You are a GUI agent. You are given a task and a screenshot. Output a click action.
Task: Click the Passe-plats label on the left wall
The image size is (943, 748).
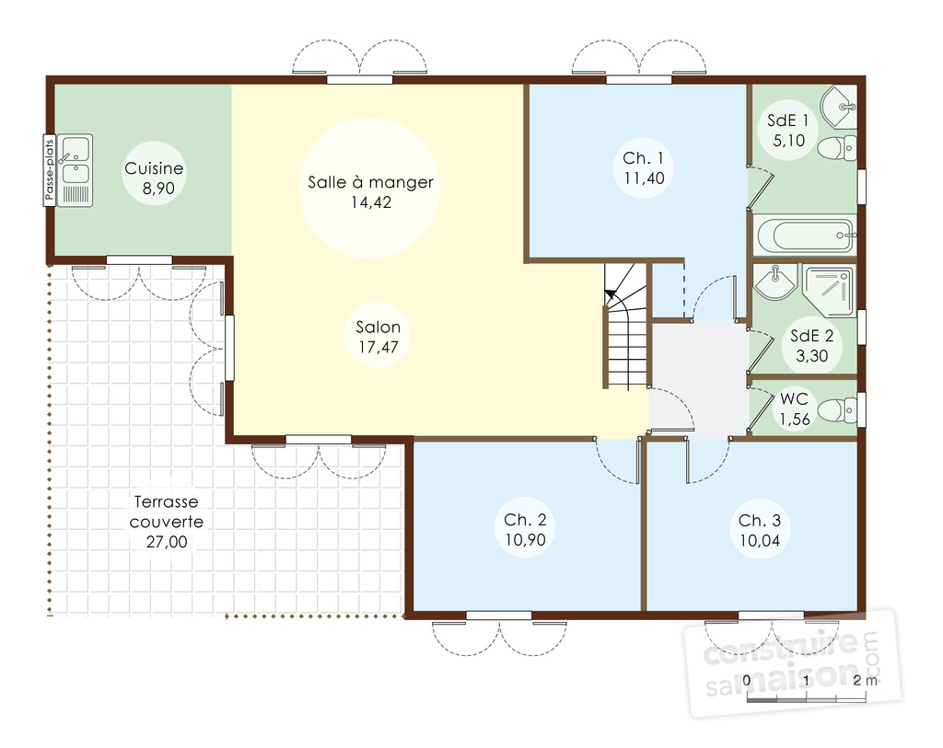click(x=50, y=170)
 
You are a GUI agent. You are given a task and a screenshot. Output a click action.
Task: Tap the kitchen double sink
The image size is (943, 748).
click(x=76, y=170)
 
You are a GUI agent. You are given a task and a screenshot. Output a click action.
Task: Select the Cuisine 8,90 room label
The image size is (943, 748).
click(x=154, y=178)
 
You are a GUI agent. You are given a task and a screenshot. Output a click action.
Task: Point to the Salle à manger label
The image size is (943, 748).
click(x=370, y=182)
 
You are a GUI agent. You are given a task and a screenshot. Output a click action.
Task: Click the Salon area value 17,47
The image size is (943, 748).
click(x=378, y=347)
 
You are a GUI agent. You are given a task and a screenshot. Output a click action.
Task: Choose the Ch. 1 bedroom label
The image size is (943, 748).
click(x=644, y=158)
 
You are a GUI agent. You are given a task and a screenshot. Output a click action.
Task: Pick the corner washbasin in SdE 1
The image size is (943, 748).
click(x=840, y=108)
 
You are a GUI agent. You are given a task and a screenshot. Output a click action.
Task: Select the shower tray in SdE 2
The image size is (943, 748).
click(x=829, y=292)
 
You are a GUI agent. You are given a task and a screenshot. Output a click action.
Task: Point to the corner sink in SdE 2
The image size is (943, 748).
click(x=774, y=282)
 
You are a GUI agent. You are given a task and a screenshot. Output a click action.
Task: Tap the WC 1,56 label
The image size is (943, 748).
click(x=795, y=409)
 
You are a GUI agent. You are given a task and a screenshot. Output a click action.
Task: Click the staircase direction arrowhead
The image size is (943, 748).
click(x=611, y=294)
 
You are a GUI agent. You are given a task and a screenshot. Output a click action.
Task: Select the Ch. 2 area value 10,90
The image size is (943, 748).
click(x=525, y=539)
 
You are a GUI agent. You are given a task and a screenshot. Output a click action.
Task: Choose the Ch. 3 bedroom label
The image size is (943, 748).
click(x=760, y=521)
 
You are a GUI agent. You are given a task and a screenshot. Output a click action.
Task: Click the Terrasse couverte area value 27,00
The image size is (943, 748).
click(x=167, y=542)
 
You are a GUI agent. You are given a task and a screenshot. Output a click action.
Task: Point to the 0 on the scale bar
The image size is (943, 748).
click(x=746, y=681)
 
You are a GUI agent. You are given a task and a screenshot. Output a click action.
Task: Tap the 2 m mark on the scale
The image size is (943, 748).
click(x=865, y=680)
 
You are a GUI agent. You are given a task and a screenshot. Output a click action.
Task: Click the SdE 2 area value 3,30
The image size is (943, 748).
click(x=812, y=356)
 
